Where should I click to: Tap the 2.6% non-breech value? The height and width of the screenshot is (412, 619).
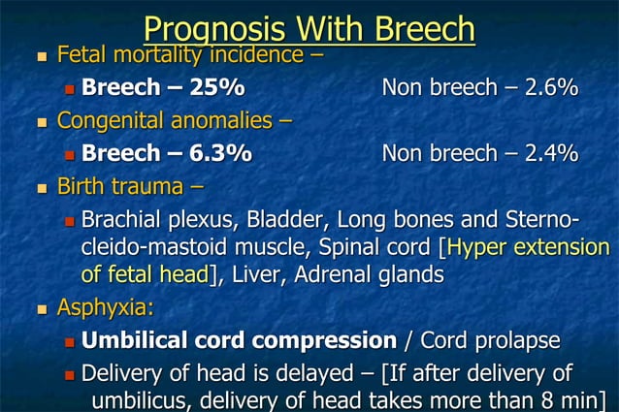tap(551, 89)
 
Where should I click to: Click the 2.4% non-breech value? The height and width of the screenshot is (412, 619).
tap(551, 153)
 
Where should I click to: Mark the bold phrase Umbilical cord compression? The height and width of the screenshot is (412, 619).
tap(239, 341)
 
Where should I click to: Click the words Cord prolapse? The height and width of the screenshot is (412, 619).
tap(490, 341)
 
